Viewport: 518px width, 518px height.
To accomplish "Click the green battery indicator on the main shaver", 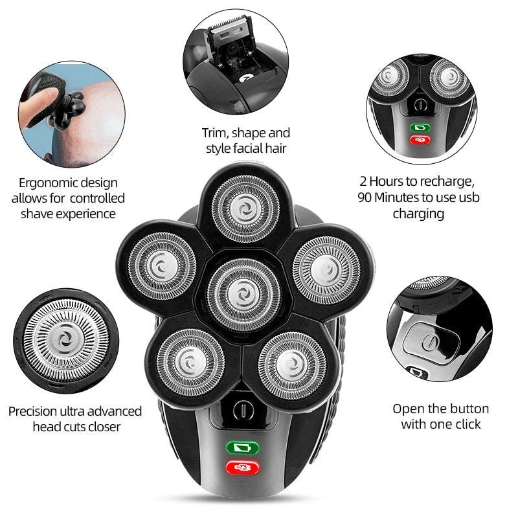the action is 242,448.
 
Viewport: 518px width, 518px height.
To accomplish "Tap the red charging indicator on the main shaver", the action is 242,467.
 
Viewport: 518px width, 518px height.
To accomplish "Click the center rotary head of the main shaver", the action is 244,295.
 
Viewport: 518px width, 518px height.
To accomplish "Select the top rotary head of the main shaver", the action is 245,209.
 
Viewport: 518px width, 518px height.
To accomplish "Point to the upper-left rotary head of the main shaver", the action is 163,266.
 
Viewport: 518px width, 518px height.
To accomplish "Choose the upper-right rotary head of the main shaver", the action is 326,270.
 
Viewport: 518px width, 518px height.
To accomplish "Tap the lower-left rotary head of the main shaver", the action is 190,363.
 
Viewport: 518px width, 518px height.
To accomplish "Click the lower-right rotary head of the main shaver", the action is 292,366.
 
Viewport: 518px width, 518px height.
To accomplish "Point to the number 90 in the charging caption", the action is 365,197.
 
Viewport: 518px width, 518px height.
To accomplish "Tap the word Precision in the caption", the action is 33,411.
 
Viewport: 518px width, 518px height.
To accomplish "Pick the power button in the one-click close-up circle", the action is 431,341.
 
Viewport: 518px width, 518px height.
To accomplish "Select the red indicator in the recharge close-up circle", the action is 420,140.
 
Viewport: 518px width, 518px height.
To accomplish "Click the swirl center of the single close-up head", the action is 66,340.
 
